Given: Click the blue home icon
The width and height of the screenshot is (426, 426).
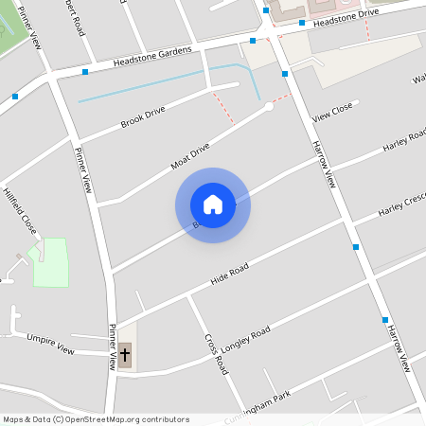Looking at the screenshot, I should click(213, 204).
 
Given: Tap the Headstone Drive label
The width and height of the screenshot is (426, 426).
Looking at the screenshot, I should click(346, 14).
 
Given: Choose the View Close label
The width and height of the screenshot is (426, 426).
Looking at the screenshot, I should click(332, 112).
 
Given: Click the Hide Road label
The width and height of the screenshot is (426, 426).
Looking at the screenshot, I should click(229, 275).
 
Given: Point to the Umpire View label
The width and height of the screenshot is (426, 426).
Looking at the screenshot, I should click(50, 343).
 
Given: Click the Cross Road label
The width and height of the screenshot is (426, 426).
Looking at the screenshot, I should click(217, 353).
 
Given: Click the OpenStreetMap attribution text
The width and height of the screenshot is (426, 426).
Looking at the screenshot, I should click(96, 419).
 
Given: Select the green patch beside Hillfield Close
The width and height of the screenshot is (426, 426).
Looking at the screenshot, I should click(52, 262).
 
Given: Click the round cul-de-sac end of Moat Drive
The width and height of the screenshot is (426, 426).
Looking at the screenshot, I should click(269, 107).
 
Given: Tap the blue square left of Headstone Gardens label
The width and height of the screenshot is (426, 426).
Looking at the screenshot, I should click(85, 71).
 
